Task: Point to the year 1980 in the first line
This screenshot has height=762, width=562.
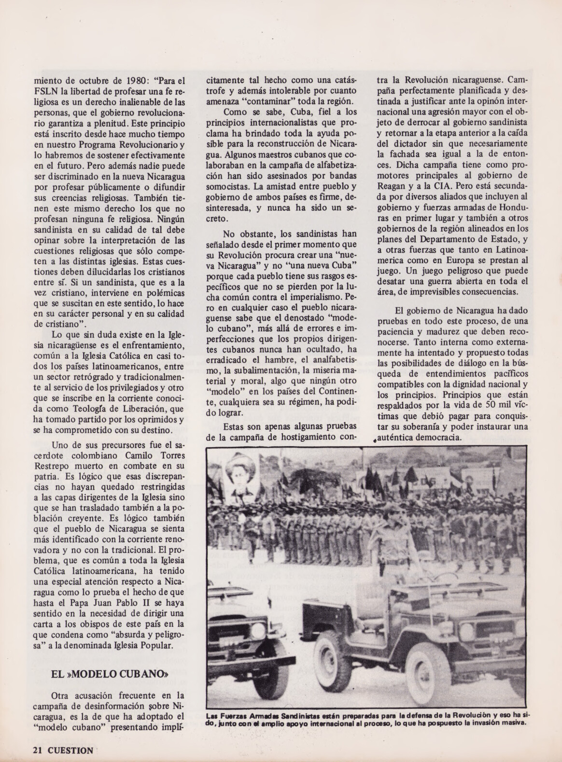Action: (x=127, y=81)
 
